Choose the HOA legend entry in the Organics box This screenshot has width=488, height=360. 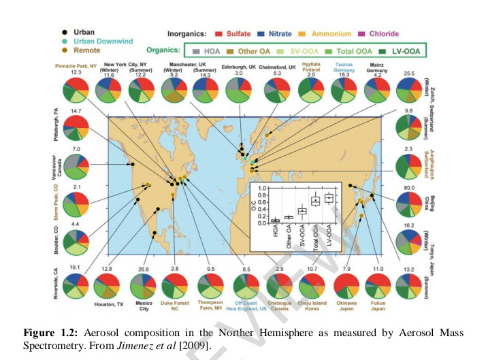click(x=207, y=50)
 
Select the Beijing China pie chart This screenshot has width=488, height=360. click(x=410, y=203)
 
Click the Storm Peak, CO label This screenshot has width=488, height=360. click(x=50, y=201)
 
